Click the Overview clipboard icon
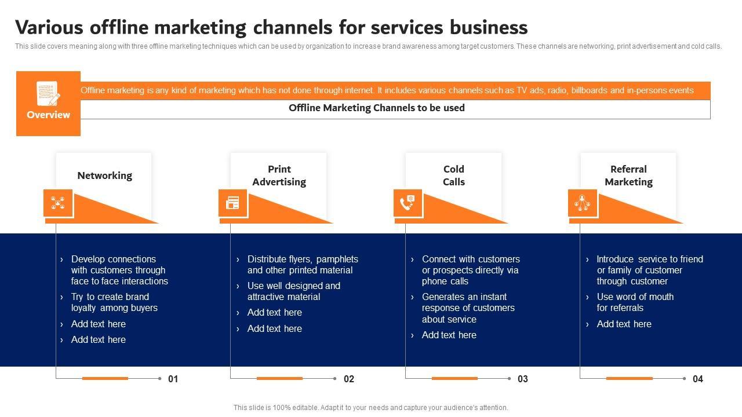click(x=48, y=93)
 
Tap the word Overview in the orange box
click(x=48, y=115)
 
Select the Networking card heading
click(x=104, y=175)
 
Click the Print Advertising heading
click(x=279, y=175)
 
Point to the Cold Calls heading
click(x=453, y=175)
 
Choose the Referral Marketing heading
click(x=628, y=175)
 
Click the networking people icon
click(x=58, y=203)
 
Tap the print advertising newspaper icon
click(x=233, y=203)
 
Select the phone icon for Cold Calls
click(x=408, y=203)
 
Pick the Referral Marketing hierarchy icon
click(x=582, y=203)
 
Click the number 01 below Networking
click(x=173, y=379)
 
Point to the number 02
click(x=348, y=379)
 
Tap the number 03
click(x=523, y=379)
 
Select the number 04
click(x=697, y=379)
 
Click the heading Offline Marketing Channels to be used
click(x=376, y=108)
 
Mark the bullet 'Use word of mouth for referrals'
click(x=635, y=302)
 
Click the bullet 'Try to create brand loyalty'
click(x=114, y=302)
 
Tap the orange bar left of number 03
click(x=454, y=378)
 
